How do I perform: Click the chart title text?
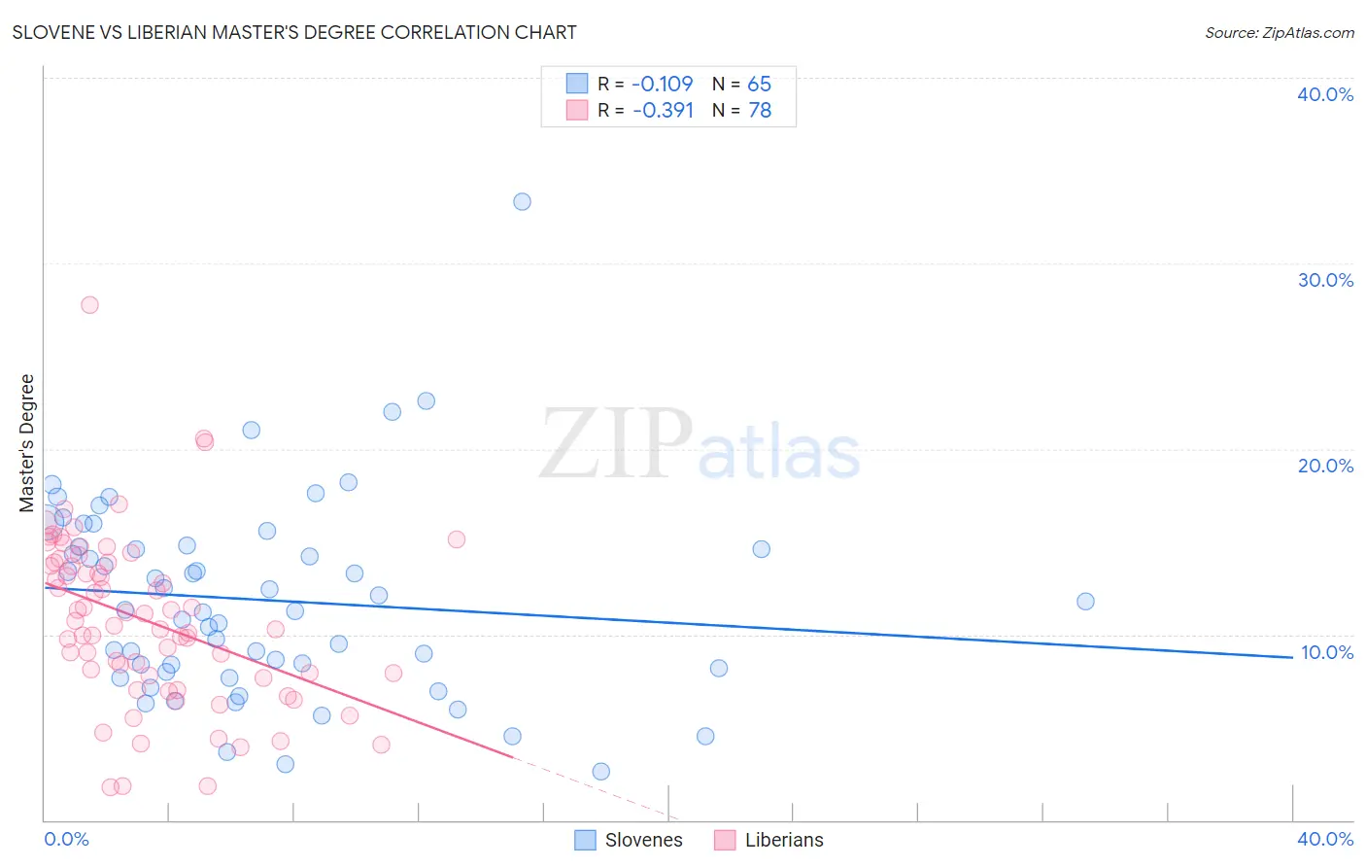click(293, 33)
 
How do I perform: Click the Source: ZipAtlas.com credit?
click(1279, 33)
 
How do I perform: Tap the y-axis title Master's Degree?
click(27, 442)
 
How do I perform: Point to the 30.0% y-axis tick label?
click(1325, 280)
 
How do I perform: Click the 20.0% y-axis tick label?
click(1325, 466)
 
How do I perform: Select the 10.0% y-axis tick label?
click(1326, 652)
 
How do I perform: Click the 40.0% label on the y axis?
click(1325, 94)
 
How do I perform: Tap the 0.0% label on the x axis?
click(66, 839)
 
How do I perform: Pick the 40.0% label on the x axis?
click(1325, 839)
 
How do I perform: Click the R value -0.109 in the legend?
click(663, 85)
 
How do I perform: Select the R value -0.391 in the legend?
click(663, 111)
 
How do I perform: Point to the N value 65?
click(759, 85)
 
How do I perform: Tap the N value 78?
click(759, 111)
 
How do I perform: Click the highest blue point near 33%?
click(522, 202)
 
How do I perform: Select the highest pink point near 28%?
click(89, 304)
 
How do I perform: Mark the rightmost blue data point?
click(1085, 602)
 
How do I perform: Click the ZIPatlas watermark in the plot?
click(700, 444)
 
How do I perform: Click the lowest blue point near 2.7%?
click(601, 772)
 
